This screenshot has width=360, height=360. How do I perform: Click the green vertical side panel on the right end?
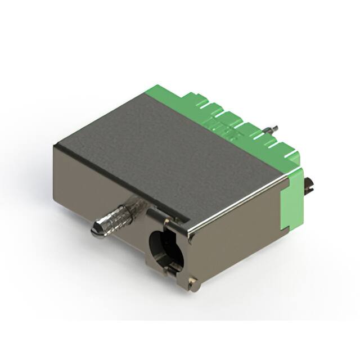point(292,197)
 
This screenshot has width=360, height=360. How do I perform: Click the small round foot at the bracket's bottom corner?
point(194,286)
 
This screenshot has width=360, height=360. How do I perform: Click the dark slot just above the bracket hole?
point(169,216)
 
